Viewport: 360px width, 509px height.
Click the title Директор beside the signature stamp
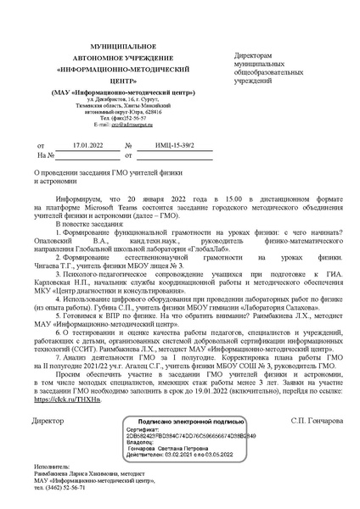point(48,420)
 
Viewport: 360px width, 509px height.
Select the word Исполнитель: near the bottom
point(53,466)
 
